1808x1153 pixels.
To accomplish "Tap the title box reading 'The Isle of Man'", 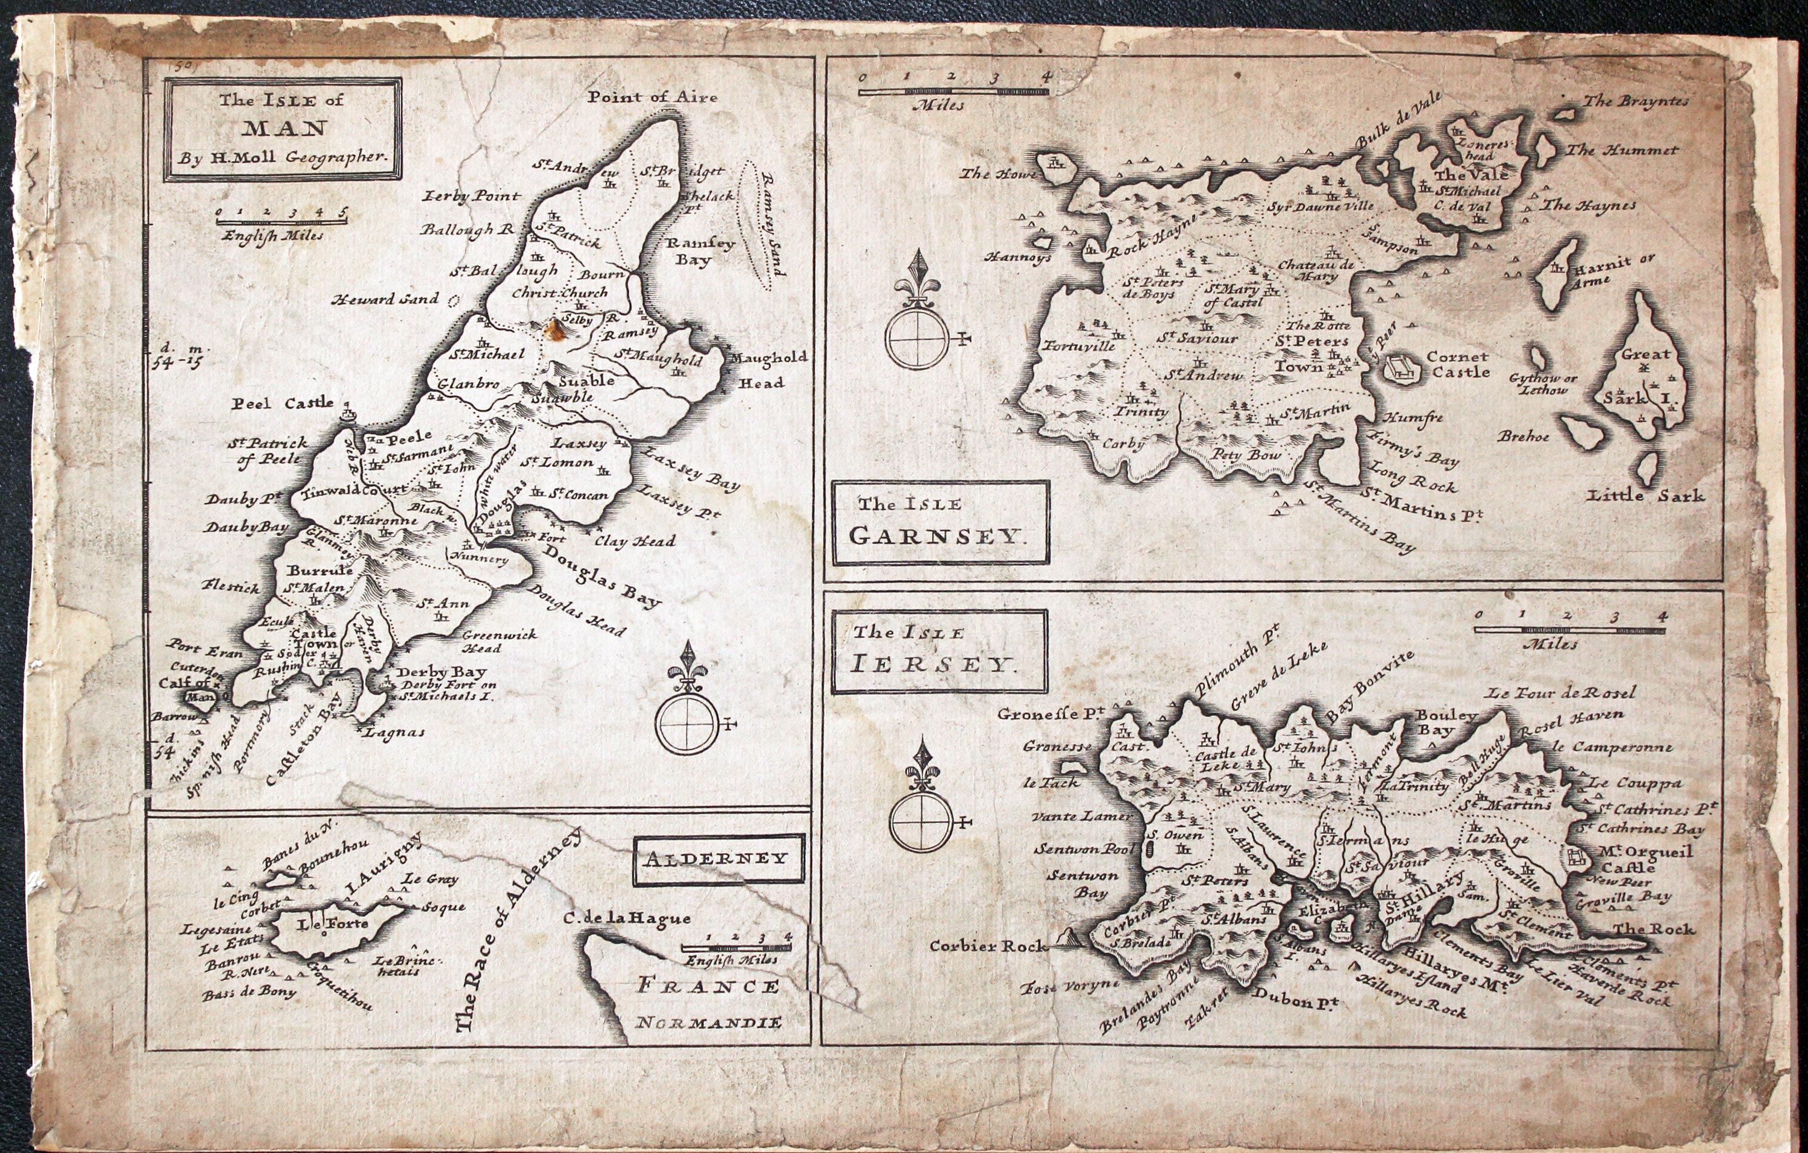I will coord(283,129).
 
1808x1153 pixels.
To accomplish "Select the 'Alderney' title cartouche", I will coord(718,859).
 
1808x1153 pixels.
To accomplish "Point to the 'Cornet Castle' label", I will coord(1457,364).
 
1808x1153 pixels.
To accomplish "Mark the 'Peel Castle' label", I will coord(281,403).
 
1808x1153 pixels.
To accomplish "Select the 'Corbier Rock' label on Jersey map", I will coord(987,946).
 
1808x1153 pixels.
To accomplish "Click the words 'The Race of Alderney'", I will coord(518,932).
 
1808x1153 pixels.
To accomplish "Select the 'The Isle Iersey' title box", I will coord(938,651).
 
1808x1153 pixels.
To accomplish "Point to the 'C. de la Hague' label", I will coord(627,918).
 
